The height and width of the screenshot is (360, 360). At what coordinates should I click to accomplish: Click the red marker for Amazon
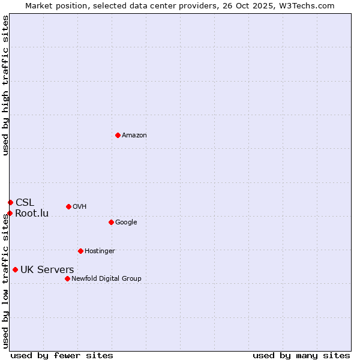pyautogui.click(x=118, y=135)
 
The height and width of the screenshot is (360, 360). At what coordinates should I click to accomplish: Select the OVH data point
pyautogui.click(x=68, y=206)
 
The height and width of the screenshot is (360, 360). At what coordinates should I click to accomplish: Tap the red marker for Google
pyautogui.click(x=111, y=222)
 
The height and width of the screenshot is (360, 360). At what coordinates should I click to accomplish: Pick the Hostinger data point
pyautogui.click(x=80, y=251)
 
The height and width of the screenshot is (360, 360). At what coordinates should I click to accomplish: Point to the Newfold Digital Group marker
pyautogui.click(x=67, y=278)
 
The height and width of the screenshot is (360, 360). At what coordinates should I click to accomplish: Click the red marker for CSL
pyautogui.click(x=10, y=202)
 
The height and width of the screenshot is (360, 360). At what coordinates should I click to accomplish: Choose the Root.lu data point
pyautogui.click(x=10, y=213)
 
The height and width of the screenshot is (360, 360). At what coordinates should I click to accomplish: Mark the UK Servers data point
pyautogui.click(x=15, y=269)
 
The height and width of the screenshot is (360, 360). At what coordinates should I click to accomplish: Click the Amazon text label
pyautogui.click(x=134, y=136)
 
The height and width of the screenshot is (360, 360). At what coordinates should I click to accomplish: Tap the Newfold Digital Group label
pyautogui.click(x=106, y=278)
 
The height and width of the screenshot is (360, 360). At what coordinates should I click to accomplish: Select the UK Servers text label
pyautogui.click(x=47, y=270)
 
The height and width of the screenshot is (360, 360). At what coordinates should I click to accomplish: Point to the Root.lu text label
pyautogui.click(x=32, y=214)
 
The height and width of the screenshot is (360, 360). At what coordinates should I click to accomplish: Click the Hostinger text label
pyautogui.click(x=100, y=251)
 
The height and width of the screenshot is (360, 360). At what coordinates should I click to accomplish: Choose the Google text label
pyautogui.click(x=126, y=223)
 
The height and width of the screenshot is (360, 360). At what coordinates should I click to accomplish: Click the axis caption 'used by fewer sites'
pyautogui.click(x=62, y=355)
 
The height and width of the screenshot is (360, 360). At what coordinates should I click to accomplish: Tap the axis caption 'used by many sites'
pyautogui.click(x=301, y=355)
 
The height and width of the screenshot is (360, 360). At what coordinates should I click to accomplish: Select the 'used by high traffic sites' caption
pyautogui.click(x=5, y=85)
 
